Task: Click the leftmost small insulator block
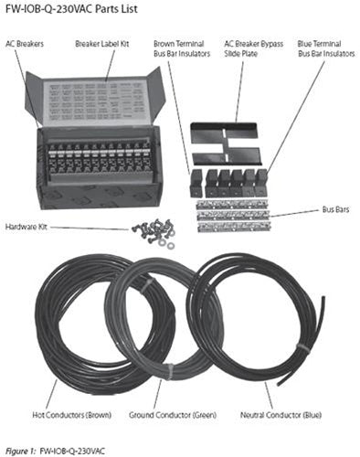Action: pyautogui.click(x=195, y=180)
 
